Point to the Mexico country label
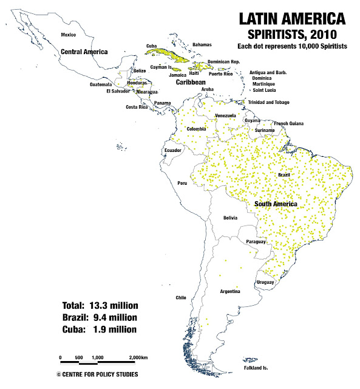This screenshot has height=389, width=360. coord(69,35)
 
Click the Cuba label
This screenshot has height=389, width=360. coord(152,46)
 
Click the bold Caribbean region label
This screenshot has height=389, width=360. coord(189,81)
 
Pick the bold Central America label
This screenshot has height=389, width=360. coord(84,52)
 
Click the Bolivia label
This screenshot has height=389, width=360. coord(229,218)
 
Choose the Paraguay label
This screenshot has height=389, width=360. coord(256,242)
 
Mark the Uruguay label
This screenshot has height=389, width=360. coord(265,283)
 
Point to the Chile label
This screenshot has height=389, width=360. coord(180,298)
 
